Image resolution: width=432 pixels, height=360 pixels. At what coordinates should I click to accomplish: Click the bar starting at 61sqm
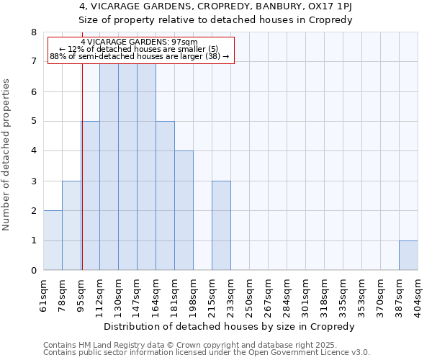(53, 240)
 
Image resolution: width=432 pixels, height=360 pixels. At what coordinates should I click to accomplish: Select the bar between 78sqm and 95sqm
(71, 225)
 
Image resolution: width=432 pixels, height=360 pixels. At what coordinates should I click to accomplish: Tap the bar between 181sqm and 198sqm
(184, 210)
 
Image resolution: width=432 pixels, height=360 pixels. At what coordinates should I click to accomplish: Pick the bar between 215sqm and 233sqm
(221, 225)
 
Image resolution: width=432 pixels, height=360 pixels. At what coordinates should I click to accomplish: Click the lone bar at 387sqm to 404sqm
(408, 256)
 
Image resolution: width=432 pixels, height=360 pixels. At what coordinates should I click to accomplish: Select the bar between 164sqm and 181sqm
(165, 196)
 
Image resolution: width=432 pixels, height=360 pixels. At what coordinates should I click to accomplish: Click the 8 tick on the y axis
(33, 32)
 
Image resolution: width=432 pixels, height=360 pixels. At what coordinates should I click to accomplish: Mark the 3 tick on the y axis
(33, 181)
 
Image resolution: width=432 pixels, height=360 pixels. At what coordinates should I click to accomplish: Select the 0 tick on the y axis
(33, 271)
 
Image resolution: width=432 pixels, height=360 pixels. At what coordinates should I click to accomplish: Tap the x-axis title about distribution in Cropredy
(230, 326)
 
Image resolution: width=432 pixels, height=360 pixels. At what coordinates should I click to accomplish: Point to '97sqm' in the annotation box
(174, 42)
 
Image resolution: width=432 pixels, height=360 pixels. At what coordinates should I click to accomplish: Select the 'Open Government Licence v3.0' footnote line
(207, 353)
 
